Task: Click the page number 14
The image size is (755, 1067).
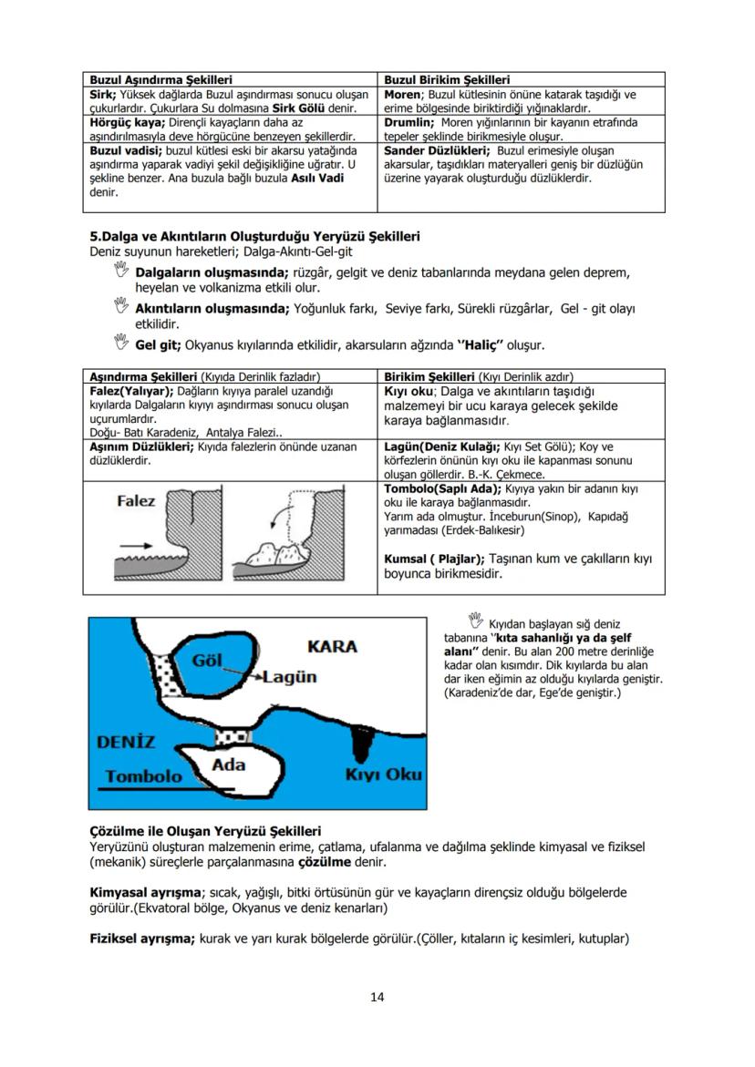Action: (377, 996)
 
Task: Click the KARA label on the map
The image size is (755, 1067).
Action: (332, 647)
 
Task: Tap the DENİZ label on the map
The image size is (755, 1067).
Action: (126, 741)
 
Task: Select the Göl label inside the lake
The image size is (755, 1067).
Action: (207, 659)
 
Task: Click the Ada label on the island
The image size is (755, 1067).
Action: (228, 764)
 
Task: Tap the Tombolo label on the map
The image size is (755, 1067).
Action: (142, 776)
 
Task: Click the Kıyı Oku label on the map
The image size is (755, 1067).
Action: (382, 775)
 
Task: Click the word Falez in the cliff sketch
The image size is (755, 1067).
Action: (136, 501)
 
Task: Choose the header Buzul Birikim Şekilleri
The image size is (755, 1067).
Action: (447, 80)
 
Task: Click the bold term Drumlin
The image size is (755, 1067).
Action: (408, 121)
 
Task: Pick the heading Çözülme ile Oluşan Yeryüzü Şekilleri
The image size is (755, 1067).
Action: (205, 831)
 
